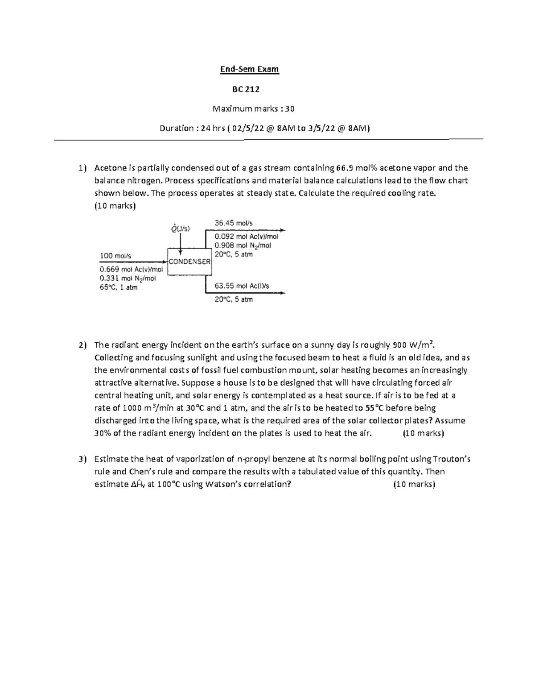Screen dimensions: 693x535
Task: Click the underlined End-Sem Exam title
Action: click(x=250, y=69)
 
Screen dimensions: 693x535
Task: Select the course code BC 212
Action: click(x=246, y=89)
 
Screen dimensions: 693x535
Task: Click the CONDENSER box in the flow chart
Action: click(x=189, y=261)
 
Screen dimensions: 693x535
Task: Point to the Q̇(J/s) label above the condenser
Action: click(x=180, y=228)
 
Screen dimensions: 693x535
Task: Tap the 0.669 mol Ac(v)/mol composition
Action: click(x=132, y=270)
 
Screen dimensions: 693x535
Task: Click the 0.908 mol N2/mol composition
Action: click(x=243, y=245)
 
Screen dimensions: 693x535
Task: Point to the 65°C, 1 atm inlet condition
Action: click(x=119, y=287)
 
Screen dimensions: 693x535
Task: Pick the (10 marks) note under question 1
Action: click(x=115, y=206)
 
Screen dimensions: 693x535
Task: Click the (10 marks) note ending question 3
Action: click(x=414, y=485)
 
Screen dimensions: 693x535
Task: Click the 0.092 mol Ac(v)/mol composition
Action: click(x=246, y=237)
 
